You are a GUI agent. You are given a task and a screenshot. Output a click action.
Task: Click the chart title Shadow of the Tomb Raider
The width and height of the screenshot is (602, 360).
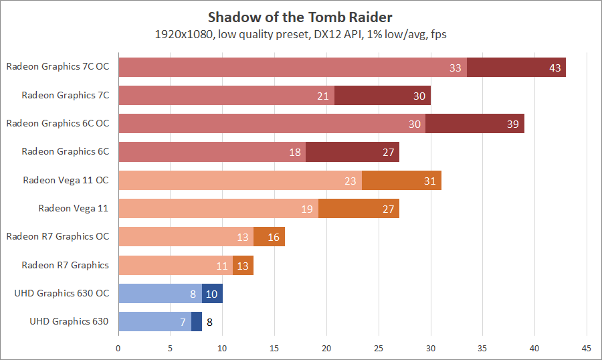(300, 16)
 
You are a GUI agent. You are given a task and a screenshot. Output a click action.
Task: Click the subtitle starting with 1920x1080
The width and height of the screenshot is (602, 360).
(300, 34)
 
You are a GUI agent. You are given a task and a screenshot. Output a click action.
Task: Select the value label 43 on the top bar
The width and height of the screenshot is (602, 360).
(555, 68)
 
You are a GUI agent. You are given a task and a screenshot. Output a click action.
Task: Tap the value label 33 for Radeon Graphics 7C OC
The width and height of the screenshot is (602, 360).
(456, 68)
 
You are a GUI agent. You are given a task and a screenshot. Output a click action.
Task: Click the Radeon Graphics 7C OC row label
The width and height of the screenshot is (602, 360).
(58, 67)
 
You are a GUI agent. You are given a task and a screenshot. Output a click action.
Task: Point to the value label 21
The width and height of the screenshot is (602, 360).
(323, 96)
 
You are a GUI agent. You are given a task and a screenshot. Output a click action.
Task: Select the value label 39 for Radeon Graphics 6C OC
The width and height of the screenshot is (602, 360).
(513, 124)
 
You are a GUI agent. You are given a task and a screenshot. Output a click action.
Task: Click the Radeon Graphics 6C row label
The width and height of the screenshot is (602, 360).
(65, 151)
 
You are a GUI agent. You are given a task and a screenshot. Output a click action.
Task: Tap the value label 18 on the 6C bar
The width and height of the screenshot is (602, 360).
(295, 152)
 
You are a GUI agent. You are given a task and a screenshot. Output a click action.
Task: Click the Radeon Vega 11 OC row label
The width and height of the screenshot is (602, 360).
(66, 179)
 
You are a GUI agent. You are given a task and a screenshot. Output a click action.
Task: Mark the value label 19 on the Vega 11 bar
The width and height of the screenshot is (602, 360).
(307, 209)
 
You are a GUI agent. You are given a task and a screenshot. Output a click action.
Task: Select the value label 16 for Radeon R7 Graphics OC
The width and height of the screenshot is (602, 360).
(274, 237)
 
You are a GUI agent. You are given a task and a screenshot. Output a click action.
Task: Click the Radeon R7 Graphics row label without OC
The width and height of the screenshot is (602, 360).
(65, 265)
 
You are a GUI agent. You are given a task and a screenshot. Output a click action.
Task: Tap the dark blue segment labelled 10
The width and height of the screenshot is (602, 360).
(212, 293)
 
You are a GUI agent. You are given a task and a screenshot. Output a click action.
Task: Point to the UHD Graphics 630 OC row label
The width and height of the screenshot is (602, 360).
(62, 293)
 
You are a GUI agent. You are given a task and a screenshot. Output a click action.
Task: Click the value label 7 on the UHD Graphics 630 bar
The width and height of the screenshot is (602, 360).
(183, 322)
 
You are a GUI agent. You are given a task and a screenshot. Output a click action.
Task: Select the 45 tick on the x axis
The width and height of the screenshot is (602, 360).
(587, 348)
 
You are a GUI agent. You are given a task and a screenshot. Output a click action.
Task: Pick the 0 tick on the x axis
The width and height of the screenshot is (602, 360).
(118, 348)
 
